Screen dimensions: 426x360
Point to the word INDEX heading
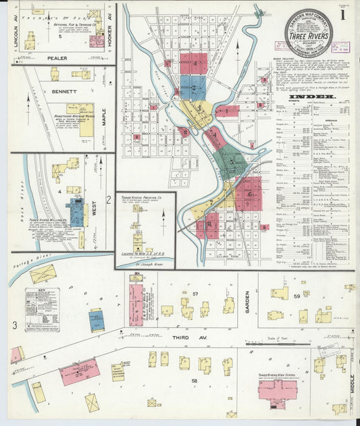click(x=313, y=97)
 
